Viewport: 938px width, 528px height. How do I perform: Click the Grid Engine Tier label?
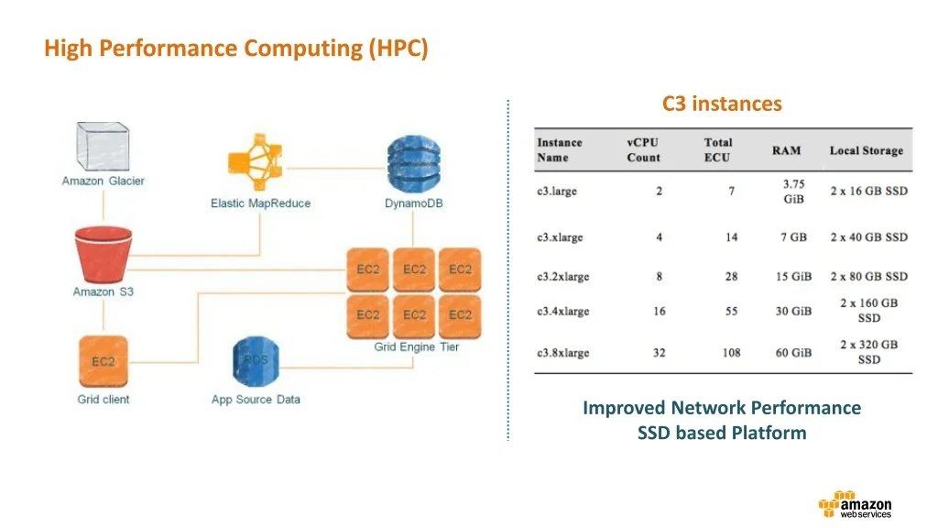pos(416,347)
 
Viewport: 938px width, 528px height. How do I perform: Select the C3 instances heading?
pos(722,104)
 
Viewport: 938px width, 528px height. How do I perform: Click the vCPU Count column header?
pos(643,150)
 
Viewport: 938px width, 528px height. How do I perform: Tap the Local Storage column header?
pos(866,150)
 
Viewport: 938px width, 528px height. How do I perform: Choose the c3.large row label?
pos(557,192)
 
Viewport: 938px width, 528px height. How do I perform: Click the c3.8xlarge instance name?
pos(562,353)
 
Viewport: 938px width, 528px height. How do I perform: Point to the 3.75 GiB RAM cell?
pos(793,192)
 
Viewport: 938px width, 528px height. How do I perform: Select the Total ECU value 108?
pos(731,353)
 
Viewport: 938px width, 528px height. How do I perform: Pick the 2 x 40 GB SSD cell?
pos(868,237)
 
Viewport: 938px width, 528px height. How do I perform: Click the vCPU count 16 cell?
pos(660,312)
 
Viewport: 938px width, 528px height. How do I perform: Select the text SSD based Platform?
pos(722,433)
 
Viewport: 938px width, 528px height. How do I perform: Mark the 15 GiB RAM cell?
pos(793,277)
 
